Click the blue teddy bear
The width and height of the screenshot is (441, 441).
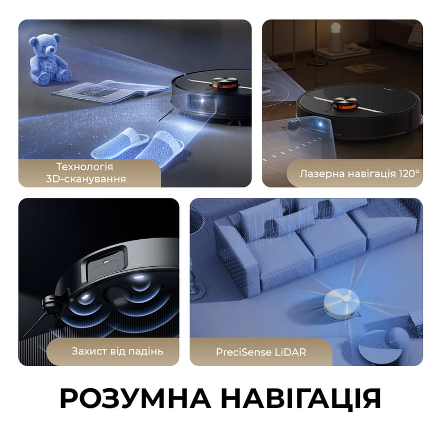(x=49, y=61)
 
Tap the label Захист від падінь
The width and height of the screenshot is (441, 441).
(x=117, y=351)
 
